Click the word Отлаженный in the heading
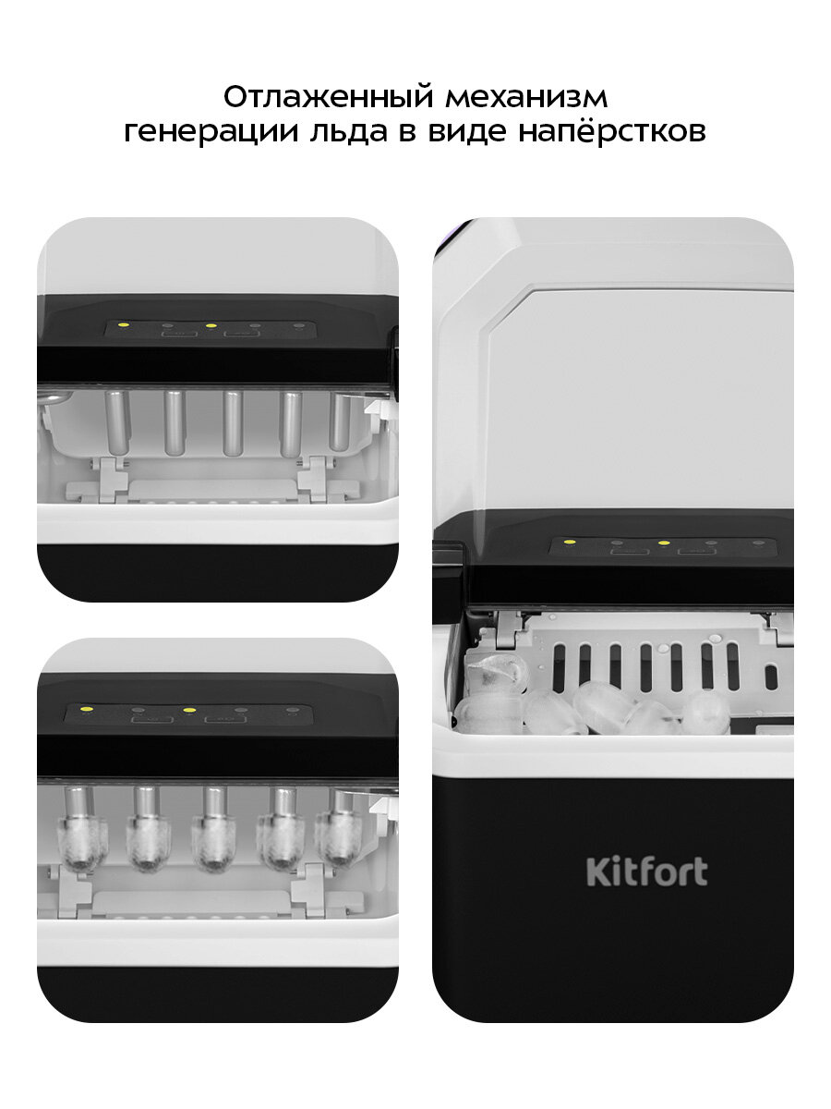(329, 97)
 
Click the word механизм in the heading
(526, 98)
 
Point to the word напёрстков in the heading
(611, 131)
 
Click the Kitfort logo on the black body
(647, 871)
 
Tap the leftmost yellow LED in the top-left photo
(123, 324)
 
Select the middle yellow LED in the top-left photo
(211, 325)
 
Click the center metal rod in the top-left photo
(232, 423)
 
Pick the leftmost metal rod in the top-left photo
(117, 422)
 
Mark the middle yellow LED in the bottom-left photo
(189, 711)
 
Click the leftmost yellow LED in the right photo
(570, 542)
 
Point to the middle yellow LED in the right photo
(664, 542)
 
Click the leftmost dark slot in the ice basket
(559, 667)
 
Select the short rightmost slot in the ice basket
(771, 677)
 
